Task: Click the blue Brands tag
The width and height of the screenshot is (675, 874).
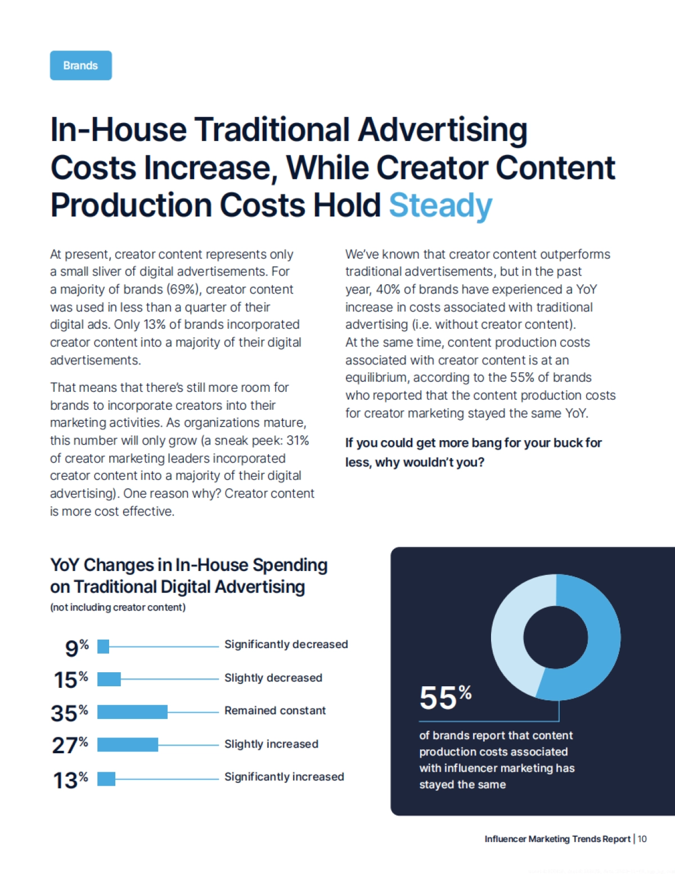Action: point(80,65)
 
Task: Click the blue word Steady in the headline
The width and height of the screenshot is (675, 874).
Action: point(440,205)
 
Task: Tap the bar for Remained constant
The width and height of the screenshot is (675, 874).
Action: point(132,712)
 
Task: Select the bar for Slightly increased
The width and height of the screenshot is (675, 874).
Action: point(128,745)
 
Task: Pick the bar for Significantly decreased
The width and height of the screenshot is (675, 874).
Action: point(103,646)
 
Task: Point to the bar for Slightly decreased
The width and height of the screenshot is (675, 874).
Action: point(109,679)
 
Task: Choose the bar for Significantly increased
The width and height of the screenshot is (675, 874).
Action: point(106,778)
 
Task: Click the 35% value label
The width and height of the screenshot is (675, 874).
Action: point(69,713)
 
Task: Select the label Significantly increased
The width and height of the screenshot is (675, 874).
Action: point(284,777)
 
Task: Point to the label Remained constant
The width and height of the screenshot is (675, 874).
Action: point(275,710)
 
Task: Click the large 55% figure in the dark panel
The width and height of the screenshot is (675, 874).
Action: point(445,698)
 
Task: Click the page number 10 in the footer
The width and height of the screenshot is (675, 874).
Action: point(642,839)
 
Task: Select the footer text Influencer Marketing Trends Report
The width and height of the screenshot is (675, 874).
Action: point(557,839)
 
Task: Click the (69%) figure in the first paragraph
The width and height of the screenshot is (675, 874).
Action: point(183,289)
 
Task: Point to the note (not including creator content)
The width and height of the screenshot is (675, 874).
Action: point(118,607)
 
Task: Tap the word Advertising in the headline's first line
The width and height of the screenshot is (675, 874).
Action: point(443,130)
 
